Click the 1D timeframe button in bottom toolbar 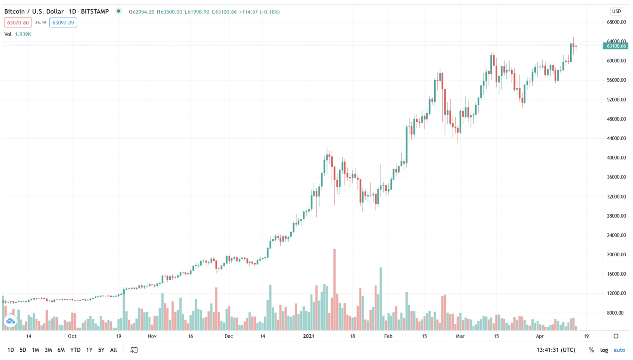[x=10, y=350]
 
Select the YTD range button [x=75, y=350]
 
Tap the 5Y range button [x=101, y=350]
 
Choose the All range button [x=113, y=350]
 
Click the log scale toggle [x=604, y=350]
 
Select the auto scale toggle [x=619, y=350]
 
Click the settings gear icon [x=616, y=336]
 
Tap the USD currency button [x=616, y=11]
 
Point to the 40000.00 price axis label [x=616, y=158]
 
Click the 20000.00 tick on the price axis [x=616, y=254]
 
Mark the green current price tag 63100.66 [x=616, y=46]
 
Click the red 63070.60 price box [x=18, y=23]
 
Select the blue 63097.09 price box [x=63, y=23]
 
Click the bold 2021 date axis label [x=308, y=336]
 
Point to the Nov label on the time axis [x=152, y=336]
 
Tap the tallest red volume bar [x=335, y=289]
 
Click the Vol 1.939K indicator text [x=18, y=34]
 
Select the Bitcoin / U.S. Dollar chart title [x=34, y=12]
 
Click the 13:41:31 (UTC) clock [x=556, y=350]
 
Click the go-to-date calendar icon [x=134, y=350]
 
